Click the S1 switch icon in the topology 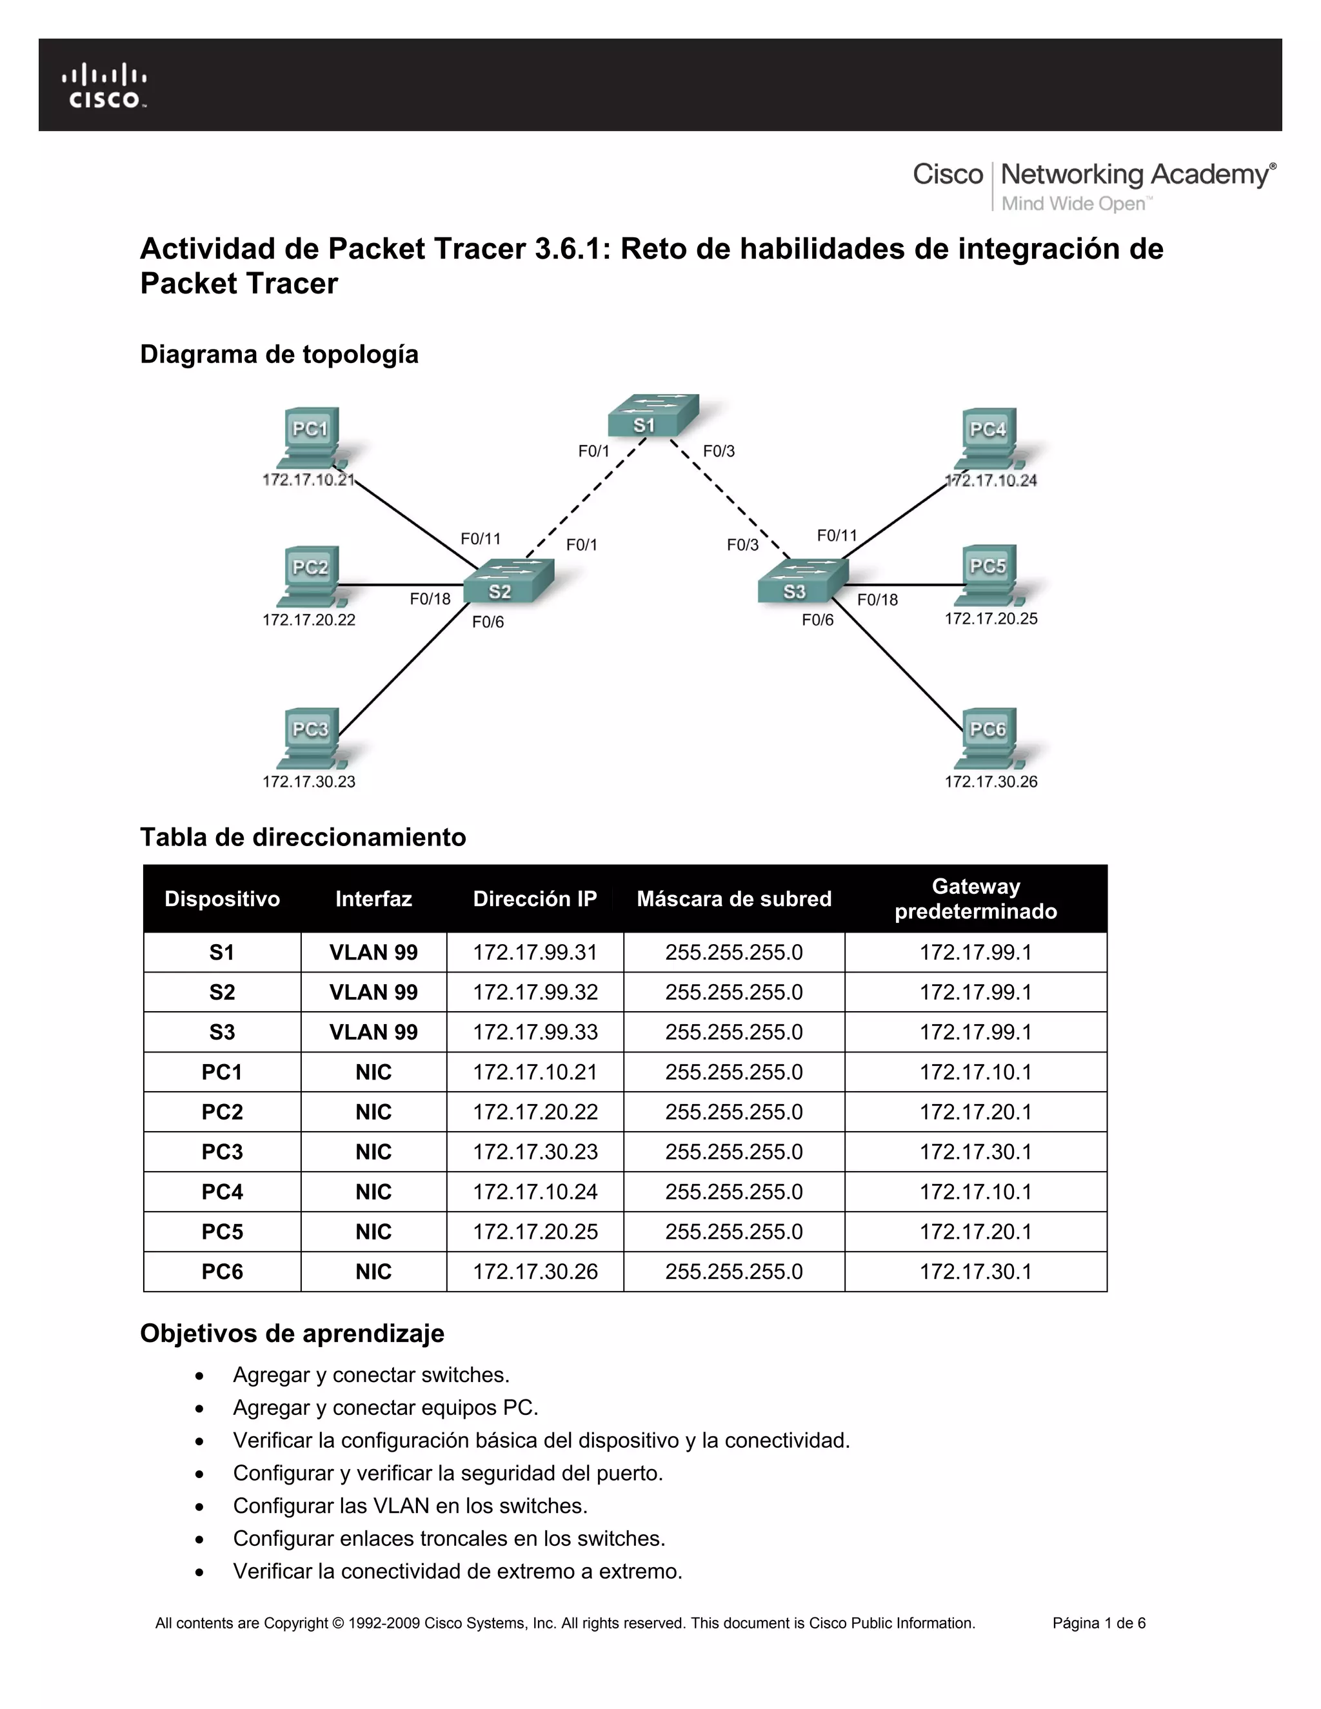click(653, 417)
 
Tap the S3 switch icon click(802, 583)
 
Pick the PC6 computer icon click(988, 738)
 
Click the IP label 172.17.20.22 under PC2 click(308, 620)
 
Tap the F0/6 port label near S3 click(817, 620)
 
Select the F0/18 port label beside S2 click(430, 599)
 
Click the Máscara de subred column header click(733, 898)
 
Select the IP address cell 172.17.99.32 click(535, 993)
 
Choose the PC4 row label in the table click(223, 1192)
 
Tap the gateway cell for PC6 click(975, 1272)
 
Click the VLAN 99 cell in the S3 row click(373, 1032)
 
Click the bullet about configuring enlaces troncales click(448, 1538)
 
